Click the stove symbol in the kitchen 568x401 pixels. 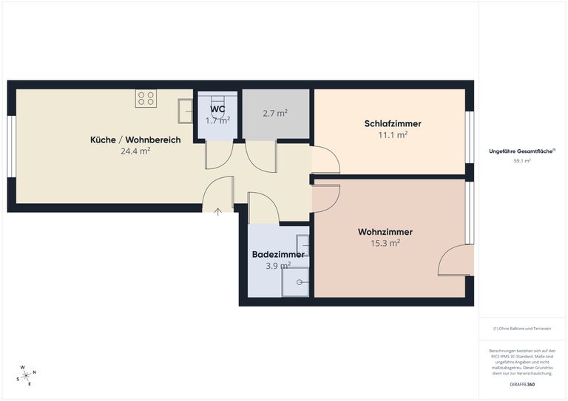(x=146, y=98)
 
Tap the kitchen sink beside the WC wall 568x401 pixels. (x=185, y=112)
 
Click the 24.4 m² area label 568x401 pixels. (x=135, y=151)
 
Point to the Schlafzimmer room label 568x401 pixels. (x=393, y=123)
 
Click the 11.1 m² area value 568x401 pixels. (x=393, y=134)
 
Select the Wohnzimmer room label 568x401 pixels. (x=385, y=232)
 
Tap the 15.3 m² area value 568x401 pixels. (x=385, y=242)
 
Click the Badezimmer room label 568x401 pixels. (x=278, y=254)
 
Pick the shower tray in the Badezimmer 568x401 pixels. (x=296, y=281)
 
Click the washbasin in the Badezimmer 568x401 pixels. (x=302, y=246)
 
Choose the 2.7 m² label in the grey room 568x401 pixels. (x=275, y=114)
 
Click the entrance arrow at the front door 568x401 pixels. (x=218, y=213)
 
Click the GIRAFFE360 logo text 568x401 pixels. (x=522, y=385)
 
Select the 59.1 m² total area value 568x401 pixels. (x=522, y=160)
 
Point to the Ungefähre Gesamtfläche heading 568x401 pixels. (x=522, y=151)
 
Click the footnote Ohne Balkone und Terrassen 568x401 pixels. (x=522, y=328)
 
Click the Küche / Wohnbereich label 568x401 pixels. (x=135, y=140)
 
